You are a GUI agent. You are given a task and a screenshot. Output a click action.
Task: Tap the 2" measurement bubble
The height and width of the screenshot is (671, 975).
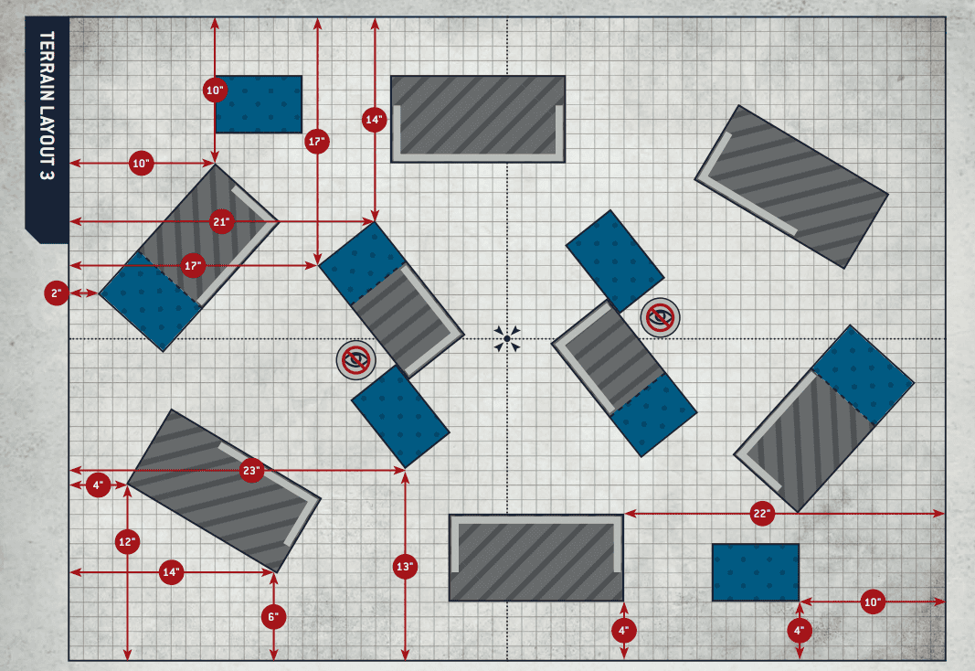57,293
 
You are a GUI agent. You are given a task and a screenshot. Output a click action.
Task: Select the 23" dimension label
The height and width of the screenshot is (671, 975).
252,472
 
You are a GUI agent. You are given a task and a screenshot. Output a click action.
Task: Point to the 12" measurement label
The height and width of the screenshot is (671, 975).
127,542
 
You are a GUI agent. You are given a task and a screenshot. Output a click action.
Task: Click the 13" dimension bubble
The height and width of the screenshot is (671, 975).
406,567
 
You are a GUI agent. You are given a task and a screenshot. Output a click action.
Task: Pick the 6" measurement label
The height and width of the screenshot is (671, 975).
273,617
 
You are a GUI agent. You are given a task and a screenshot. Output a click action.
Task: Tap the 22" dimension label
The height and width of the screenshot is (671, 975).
762,515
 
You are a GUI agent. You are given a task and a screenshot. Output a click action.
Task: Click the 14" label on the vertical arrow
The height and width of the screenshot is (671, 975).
375,120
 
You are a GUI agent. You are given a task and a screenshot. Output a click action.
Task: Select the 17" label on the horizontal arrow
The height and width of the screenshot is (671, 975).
192,266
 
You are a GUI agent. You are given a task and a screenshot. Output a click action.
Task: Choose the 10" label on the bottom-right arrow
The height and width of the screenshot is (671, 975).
872,602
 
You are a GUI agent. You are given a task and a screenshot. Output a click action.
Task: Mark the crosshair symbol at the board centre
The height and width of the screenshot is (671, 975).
507,339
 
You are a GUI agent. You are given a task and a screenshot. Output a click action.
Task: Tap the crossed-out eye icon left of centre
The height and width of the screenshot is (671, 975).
355,360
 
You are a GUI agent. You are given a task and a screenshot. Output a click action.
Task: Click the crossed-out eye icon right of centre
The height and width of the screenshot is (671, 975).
660,318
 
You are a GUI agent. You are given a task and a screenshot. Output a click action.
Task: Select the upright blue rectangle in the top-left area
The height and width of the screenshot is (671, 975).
259,104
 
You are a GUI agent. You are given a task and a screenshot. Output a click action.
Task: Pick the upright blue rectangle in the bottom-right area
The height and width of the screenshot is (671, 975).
756,572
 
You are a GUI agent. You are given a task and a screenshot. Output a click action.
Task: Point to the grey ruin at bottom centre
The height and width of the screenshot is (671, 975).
536,558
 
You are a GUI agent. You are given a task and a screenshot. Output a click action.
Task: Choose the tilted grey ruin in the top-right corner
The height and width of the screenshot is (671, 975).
791,186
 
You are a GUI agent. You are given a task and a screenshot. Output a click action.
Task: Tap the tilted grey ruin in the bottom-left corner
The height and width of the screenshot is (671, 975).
224,490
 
